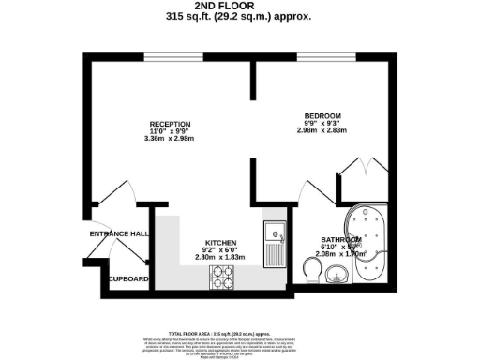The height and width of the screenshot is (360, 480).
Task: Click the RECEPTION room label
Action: pos(171,124)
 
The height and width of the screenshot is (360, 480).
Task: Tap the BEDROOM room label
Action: pos(322,116)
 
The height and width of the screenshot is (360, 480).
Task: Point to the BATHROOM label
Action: pos(338,239)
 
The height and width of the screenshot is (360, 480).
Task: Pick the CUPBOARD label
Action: pos(127,279)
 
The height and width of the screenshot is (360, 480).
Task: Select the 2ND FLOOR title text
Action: pos(238,7)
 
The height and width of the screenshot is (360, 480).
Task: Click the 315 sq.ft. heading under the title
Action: pos(238,17)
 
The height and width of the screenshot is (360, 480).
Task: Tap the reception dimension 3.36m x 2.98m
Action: pos(171,139)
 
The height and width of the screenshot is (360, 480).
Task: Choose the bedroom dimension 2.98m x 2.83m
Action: pos(322,132)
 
